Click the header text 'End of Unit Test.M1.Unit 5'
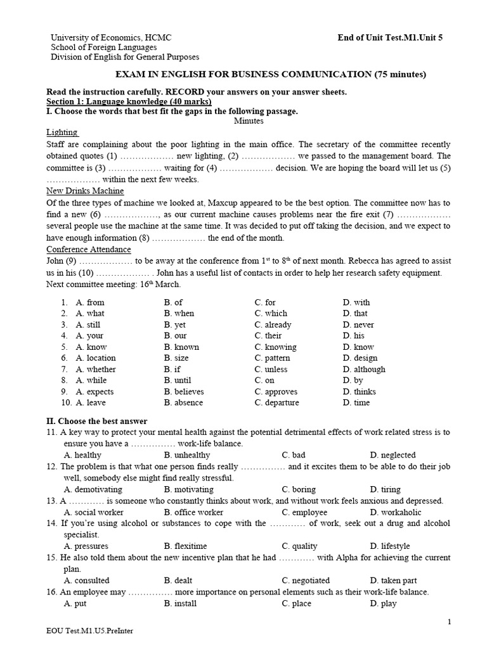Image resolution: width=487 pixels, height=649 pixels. [x=390, y=37]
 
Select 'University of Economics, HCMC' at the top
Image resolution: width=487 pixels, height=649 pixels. [x=111, y=37]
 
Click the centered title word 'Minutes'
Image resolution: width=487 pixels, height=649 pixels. [x=249, y=120]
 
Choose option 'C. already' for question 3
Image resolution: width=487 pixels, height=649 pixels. [x=273, y=324]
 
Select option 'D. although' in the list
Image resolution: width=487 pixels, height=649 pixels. [x=364, y=369]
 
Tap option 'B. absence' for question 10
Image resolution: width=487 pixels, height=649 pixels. [x=183, y=402]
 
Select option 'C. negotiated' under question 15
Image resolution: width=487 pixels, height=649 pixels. [x=306, y=580]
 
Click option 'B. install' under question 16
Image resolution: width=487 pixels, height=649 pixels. [x=180, y=603]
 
